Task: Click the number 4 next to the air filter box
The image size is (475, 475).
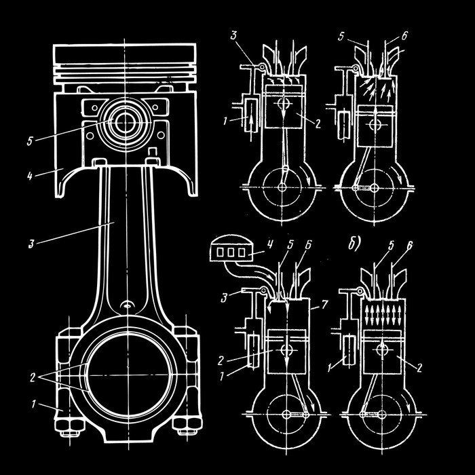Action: (x=269, y=241)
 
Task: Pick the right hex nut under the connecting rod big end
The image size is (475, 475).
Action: (x=184, y=428)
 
